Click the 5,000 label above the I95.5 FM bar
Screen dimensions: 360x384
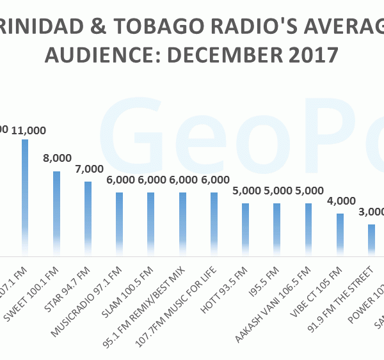(x=278, y=192)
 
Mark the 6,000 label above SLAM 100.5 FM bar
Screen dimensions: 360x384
(x=152, y=181)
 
